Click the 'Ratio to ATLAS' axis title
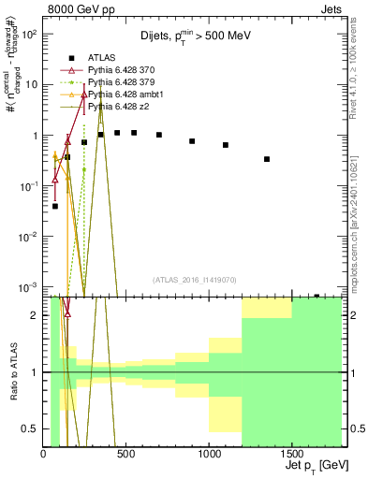point(12,371)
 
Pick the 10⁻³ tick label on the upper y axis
point(28,286)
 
